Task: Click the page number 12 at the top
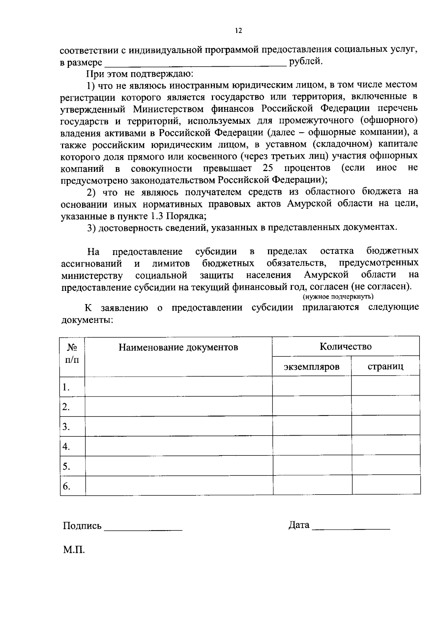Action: tap(239, 31)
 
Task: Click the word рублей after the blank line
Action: tap(306, 61)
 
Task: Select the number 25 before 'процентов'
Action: tap(269, 168)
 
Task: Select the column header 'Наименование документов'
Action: tap(178, 347)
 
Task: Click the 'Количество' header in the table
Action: tap(345, 346)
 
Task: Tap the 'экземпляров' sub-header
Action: tap(311, 366)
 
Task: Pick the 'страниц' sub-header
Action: tap(385, 366)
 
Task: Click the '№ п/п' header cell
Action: tap(72, 353)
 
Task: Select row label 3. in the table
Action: tap(66, 426)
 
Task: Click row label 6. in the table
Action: tap(66, 486)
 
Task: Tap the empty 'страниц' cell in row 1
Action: tap(385, 387)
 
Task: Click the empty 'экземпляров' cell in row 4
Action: tap(312, 446)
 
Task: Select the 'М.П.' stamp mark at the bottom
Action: tap(74, 550)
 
